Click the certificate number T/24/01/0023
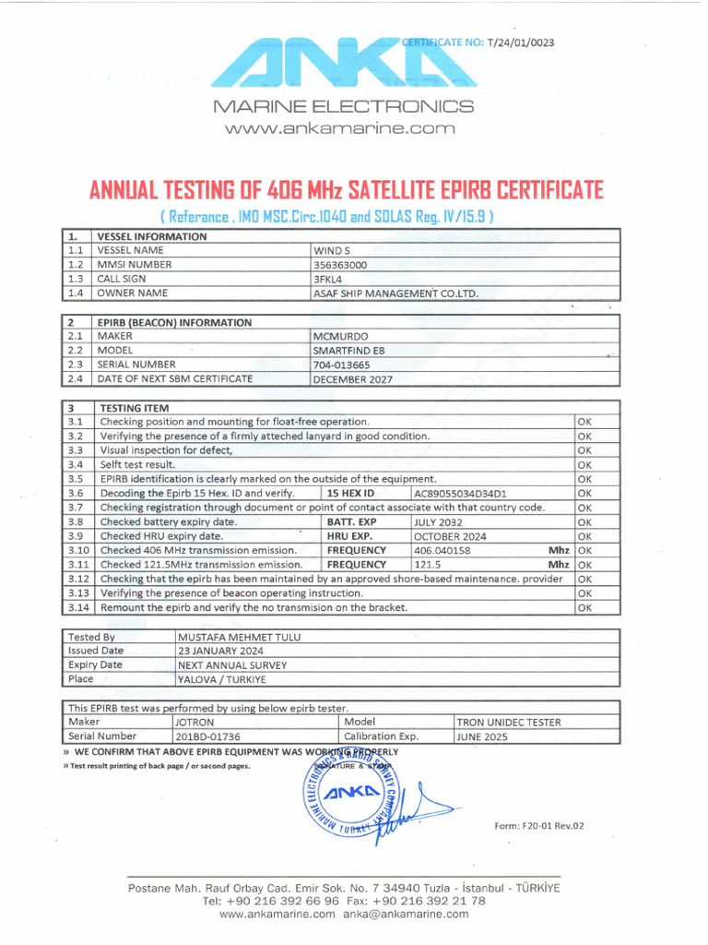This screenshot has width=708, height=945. pos(519,42)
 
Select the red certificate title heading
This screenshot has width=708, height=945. pos(346,191)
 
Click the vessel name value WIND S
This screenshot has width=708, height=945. pos(333,250)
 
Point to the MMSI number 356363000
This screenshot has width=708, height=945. pos(341,264)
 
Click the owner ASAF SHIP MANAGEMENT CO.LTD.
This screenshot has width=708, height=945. pos(396,293)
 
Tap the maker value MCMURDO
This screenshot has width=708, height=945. pos(342,337)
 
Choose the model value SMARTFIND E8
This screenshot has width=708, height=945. pos(349,351)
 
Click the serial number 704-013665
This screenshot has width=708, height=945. pos(342,365)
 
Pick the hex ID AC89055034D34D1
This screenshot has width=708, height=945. pos(461,493)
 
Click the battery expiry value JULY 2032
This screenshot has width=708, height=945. pos(440,521)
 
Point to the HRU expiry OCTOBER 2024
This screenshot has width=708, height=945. pos(449,535)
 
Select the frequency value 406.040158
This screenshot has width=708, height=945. pos(442,550)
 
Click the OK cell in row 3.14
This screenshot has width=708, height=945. pos(584,607)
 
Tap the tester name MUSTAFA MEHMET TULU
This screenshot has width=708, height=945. pos(239,637)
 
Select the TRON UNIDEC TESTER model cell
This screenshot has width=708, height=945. pos(509,723)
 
